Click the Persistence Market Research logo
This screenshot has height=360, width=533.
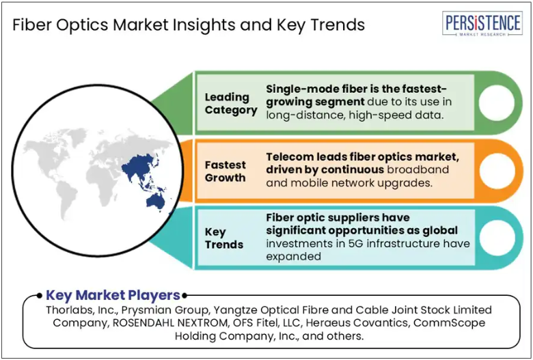point(482,23)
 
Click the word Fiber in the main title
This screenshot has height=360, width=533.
point(32,25)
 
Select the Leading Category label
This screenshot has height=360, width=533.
point(231,104)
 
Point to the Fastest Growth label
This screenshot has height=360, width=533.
point(225,171)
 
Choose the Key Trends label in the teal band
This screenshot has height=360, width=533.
point(224,238)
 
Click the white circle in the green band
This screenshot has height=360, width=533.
point(497,102)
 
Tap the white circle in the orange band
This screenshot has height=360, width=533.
point(497,171)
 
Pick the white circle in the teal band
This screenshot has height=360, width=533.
point(497,238)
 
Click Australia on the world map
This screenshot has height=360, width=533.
point(156,202)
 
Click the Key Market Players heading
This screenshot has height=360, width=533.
point(113,295)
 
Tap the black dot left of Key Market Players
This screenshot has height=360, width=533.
point(40,295)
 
